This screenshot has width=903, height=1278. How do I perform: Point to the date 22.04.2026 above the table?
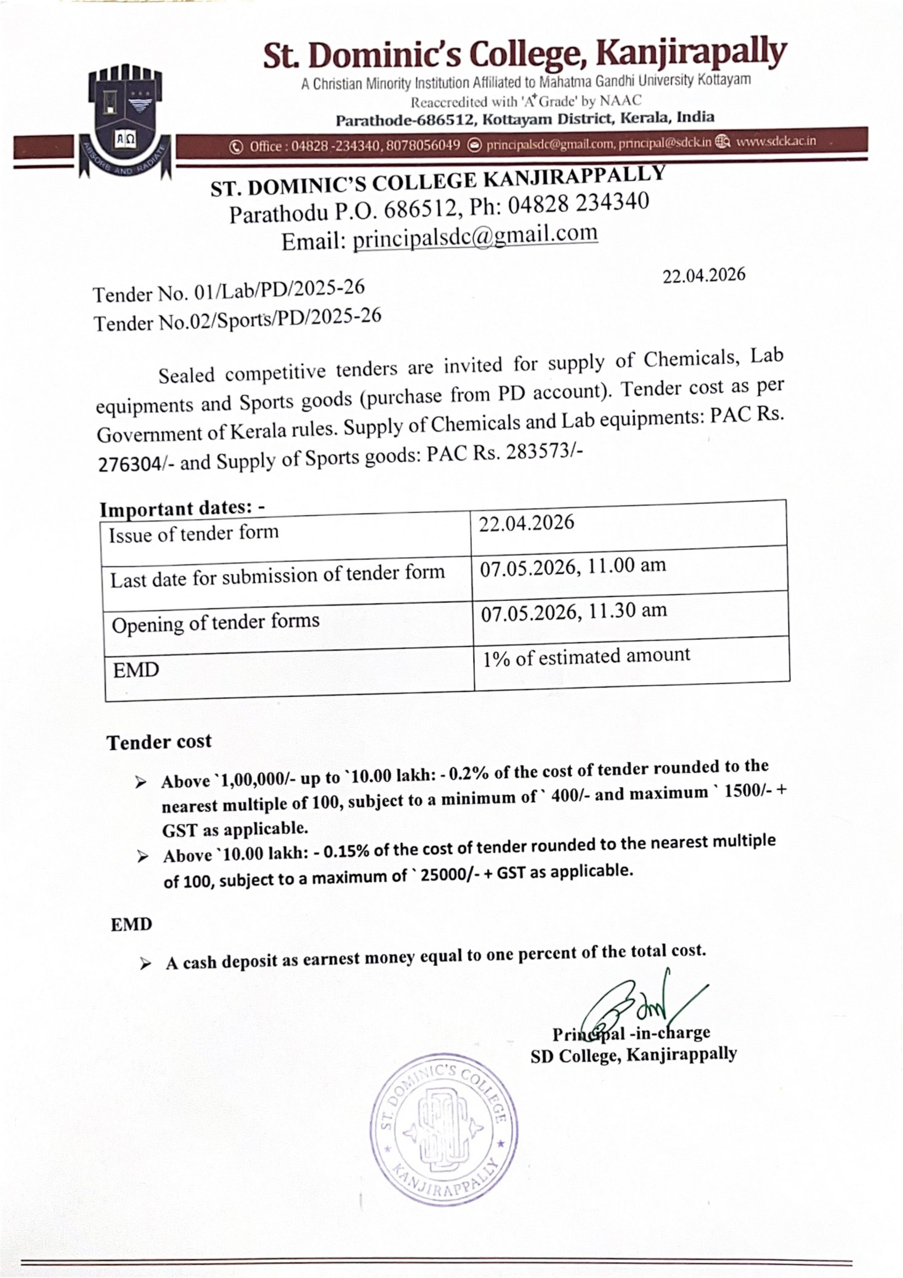703,275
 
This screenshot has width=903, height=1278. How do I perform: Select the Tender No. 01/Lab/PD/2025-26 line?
228,291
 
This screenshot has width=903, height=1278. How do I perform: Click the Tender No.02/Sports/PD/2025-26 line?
237,319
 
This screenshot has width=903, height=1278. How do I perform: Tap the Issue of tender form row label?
193,534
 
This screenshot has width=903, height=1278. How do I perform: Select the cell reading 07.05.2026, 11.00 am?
573,566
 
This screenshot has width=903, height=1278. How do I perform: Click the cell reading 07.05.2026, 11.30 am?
574,611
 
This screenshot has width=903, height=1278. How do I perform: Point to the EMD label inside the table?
136,670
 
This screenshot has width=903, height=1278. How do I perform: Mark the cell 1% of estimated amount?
586,657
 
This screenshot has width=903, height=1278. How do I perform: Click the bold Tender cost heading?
159,742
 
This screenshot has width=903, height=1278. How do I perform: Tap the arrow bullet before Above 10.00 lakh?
143,856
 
